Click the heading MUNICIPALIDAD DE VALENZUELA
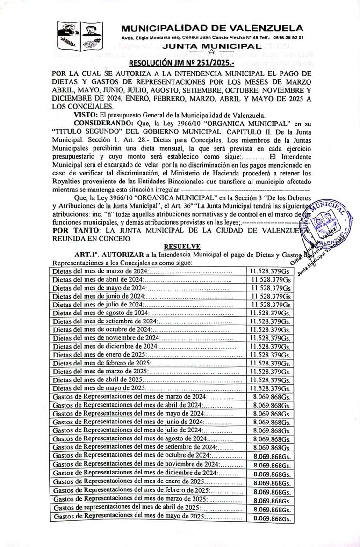[x=212, y=28]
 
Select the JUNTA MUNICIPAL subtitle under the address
[x=210, y=46]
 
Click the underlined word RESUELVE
[x=182, y=246]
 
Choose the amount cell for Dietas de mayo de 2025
[x=270, y=388]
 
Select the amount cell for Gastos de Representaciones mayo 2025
[x=273, y=518]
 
